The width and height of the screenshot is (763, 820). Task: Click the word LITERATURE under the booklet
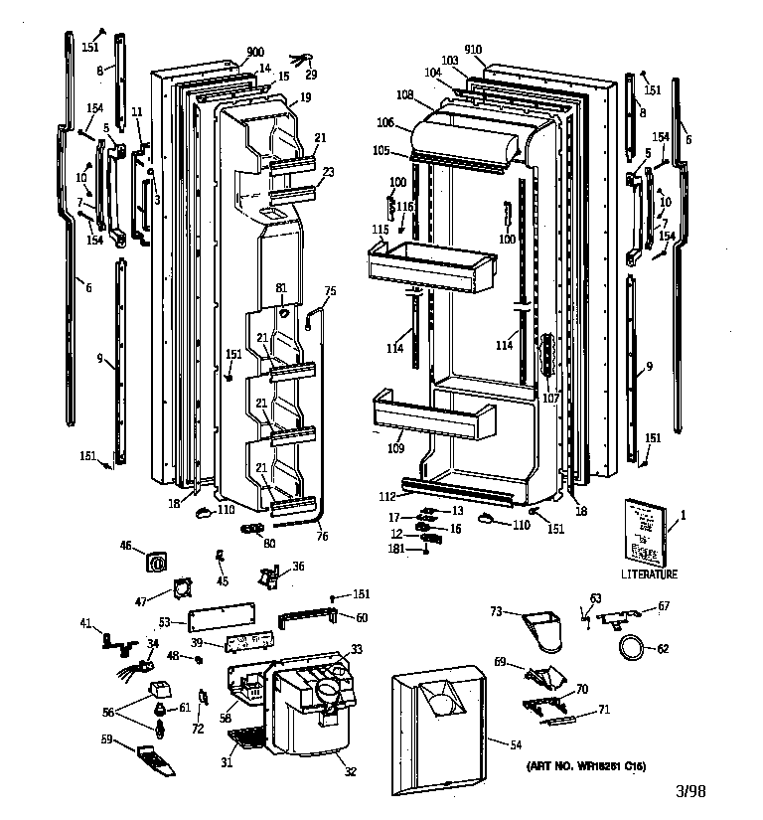[649, 574]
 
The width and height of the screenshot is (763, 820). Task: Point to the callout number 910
[471, 50]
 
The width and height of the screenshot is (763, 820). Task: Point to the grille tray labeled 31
[245, 740]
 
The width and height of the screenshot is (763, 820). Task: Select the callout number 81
[281, 288]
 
